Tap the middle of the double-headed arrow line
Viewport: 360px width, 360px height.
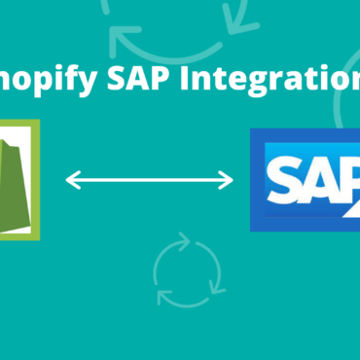pos(150,180)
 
